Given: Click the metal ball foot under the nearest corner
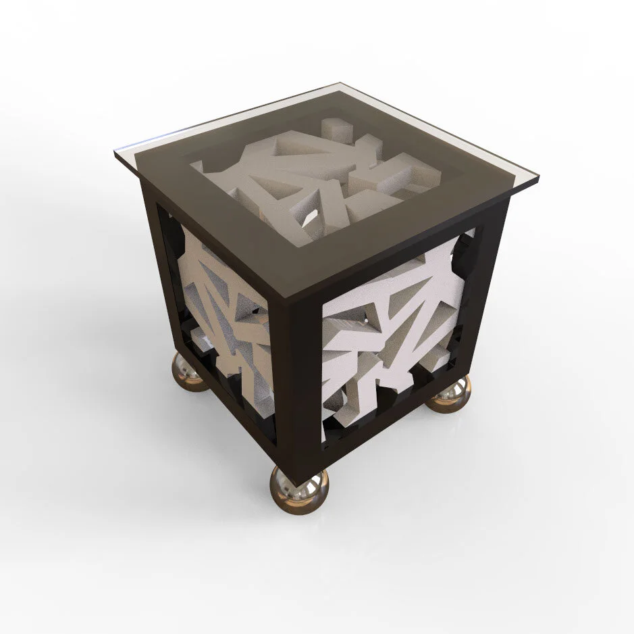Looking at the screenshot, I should tap(299, 489).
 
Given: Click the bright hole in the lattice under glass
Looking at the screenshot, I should tap(310, 218).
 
